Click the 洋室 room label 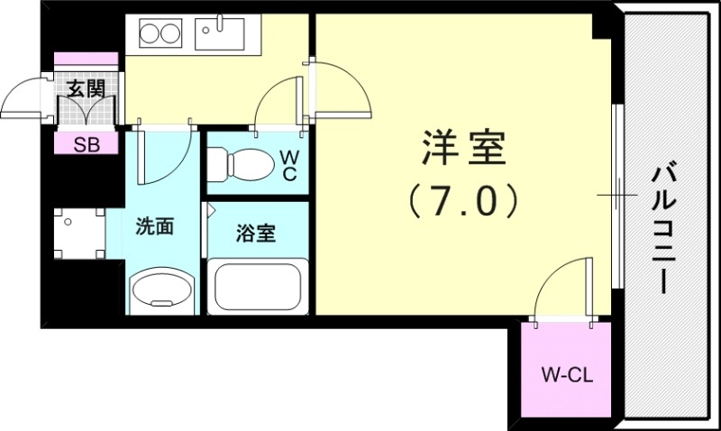click(462, 150)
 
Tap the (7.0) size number click(462, 199)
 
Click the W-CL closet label click(566, 373)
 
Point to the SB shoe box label click(87, 144)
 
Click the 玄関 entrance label click(87, 88)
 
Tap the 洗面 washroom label click(154, 226)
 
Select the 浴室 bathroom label click(256, 234)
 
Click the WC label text click(288, 166)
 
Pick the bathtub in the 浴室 click(258, 286)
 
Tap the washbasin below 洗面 click(162, 289)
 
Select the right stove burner click(171, 35)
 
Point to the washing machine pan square click(78, 233)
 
